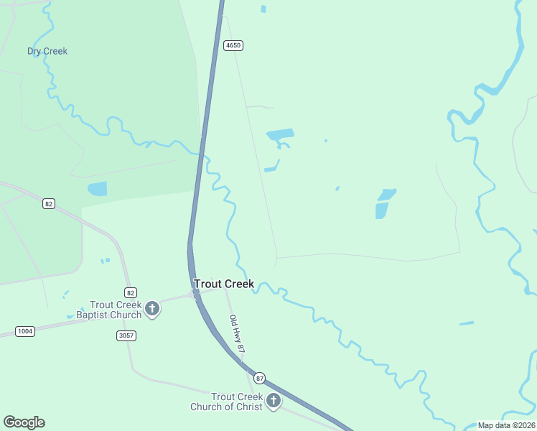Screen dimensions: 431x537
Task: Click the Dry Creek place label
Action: click(47, 51)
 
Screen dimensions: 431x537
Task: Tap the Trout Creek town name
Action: click(224, 284)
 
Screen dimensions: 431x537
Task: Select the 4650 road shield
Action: click(233, 45)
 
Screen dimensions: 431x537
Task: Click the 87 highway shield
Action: click(259, 378)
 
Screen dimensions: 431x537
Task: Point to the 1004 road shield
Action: click(25, 331)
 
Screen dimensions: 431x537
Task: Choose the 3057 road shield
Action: click(126, 335)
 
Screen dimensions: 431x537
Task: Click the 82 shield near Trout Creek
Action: click(130, 292)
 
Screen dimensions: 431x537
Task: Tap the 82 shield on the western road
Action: click(48, 204)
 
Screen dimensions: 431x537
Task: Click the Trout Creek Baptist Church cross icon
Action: click(152, 309)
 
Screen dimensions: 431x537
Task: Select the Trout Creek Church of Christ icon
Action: click(274, 401)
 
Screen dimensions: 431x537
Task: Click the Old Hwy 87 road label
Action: click(238, 333)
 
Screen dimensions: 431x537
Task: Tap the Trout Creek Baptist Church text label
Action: click(115, 310)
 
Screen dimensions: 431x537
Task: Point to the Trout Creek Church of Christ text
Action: click(227, 402)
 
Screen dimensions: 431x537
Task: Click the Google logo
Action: click(24, 422)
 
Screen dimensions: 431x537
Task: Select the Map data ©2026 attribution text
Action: click(506, 425)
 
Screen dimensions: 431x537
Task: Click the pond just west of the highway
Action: click(97, 189)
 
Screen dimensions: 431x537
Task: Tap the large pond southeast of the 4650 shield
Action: click(280, 134)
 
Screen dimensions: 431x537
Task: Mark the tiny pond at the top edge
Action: click(263, 9)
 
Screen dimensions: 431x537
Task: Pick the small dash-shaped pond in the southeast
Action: click(467, 323)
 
